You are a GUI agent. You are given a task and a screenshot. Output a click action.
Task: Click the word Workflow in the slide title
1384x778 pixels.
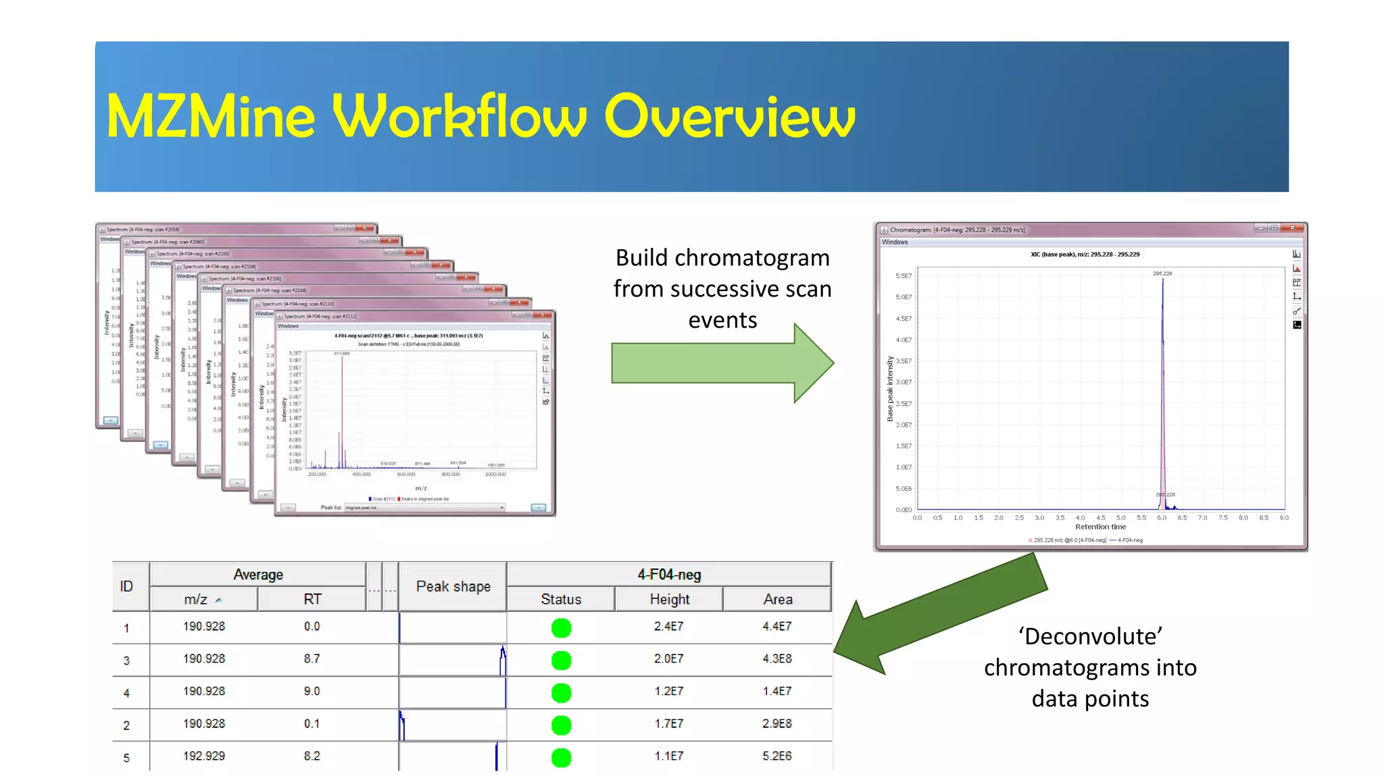(460, 116)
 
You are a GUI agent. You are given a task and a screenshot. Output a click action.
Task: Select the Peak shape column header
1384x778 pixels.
(453, 586)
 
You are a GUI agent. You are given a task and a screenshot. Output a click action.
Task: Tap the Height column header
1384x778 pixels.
(669, 599)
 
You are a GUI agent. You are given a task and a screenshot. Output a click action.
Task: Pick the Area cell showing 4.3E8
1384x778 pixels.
(777, 658)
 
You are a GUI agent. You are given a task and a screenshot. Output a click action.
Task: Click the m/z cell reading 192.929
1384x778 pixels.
(203, 756)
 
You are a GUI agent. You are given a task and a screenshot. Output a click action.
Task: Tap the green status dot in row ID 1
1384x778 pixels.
(561, 627)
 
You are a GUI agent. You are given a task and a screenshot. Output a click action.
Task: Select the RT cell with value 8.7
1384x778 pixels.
(312, 658)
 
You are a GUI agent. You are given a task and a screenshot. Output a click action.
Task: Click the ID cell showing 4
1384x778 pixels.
(126, 692)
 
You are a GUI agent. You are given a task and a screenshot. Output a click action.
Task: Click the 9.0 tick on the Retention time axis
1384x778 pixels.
(1284, 518)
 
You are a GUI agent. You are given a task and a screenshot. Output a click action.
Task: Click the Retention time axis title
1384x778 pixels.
(1100, 527)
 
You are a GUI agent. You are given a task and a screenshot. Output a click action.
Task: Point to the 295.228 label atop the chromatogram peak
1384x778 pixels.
(1162, 274)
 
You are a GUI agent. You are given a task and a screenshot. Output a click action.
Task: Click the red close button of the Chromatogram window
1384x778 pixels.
(1292, 228)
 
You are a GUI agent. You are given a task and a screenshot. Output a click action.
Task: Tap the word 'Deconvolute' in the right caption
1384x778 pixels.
(1090, 636)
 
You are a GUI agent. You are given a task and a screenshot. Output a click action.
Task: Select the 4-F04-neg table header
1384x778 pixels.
(669, 574)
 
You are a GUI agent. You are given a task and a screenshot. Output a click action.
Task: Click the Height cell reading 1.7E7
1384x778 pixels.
(668, 723)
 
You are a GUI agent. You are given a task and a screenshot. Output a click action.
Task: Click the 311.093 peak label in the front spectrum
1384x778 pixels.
(341, 353)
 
